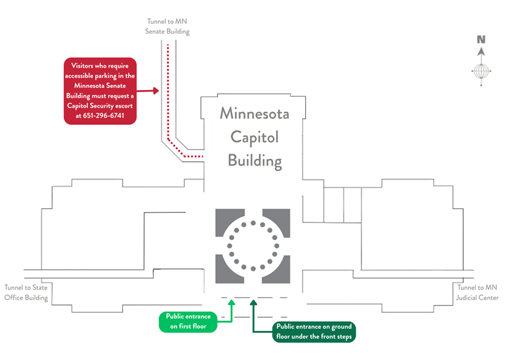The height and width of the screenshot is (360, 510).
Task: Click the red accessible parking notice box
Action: (x=100, y=91)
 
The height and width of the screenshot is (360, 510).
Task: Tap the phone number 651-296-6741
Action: (x=104, y=115)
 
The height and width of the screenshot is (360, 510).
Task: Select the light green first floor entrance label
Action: (x=188, y=320)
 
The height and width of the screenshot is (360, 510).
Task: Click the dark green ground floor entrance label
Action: (x=314, y=332)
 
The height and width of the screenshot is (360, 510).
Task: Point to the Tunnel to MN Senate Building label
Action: (x=168, y=27)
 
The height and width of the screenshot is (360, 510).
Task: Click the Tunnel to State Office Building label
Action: (x=26, y=292)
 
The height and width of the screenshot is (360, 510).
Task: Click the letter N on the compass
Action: (x=481, y=40)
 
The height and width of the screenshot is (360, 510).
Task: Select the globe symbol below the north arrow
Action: (x=481, y=72)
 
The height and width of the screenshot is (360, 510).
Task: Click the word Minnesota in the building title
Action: (x=254, y=114)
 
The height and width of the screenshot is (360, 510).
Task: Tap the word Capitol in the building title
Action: (x=254, y=137)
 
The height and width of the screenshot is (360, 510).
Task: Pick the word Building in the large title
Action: (x=254, y=160)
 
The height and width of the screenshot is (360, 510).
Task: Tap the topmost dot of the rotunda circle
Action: (x=253, y=223)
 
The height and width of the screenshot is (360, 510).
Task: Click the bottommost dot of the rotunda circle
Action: (x=253, y=269)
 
